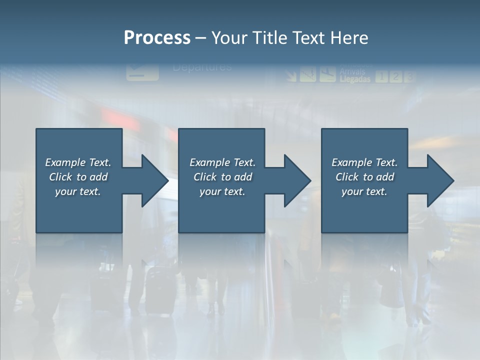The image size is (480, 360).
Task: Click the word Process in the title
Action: pos(157,38)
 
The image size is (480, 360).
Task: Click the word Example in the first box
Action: pos(65,162)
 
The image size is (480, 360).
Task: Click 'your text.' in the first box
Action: pos(78,191)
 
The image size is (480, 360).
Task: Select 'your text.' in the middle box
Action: pos(222,191)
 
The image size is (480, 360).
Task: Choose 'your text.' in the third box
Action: pos(364,191)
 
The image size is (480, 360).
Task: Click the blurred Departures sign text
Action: pos(202,67)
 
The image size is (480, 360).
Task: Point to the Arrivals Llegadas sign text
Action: pos(355,75)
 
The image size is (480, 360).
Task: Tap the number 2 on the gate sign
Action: pos(395,76)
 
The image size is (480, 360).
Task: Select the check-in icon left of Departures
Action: pos(142,71)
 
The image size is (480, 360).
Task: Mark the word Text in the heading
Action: pos(307,38)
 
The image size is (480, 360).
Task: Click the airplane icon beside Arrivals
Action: pos(327,73)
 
